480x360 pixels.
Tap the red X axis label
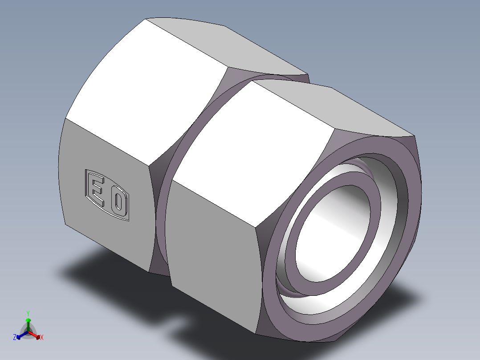[x=42, y=338]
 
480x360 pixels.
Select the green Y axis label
[x=28, y=313]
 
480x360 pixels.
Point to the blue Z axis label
[x=15, y=338]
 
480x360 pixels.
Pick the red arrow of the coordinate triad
[x=37, y=335]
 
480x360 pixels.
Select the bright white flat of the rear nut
[x=147, y=89]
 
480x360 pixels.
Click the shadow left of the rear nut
[x=89, y=267]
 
